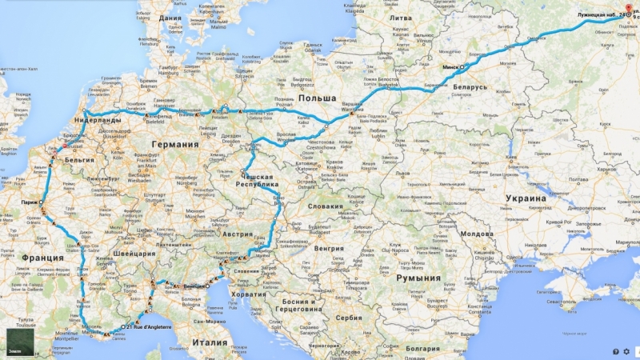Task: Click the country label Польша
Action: (316, 98)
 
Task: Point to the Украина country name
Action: (524, 198)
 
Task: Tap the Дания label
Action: (170, 17)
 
